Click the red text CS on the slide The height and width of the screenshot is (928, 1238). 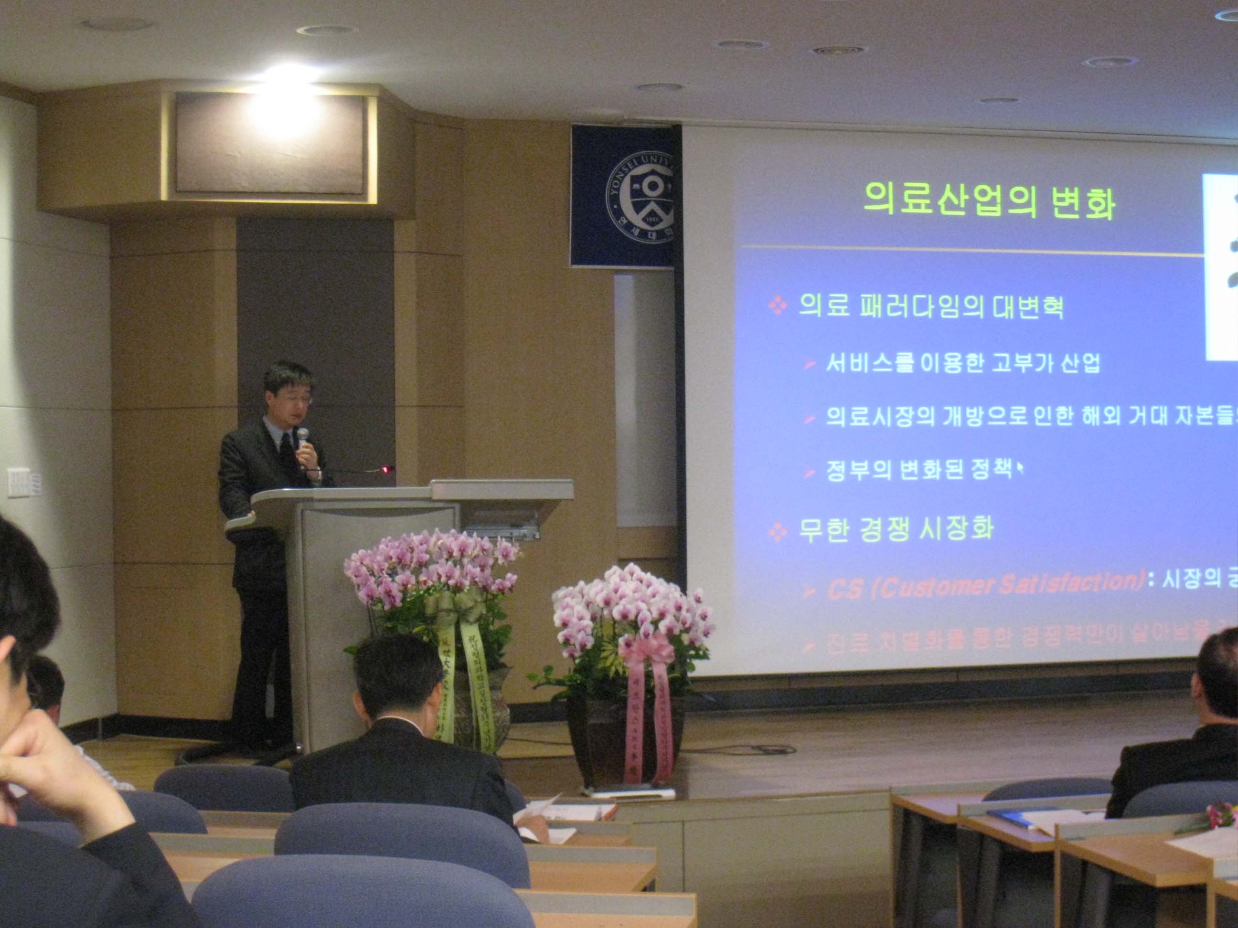pos(844,590)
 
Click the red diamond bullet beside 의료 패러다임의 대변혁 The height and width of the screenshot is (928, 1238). pos(778,306)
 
